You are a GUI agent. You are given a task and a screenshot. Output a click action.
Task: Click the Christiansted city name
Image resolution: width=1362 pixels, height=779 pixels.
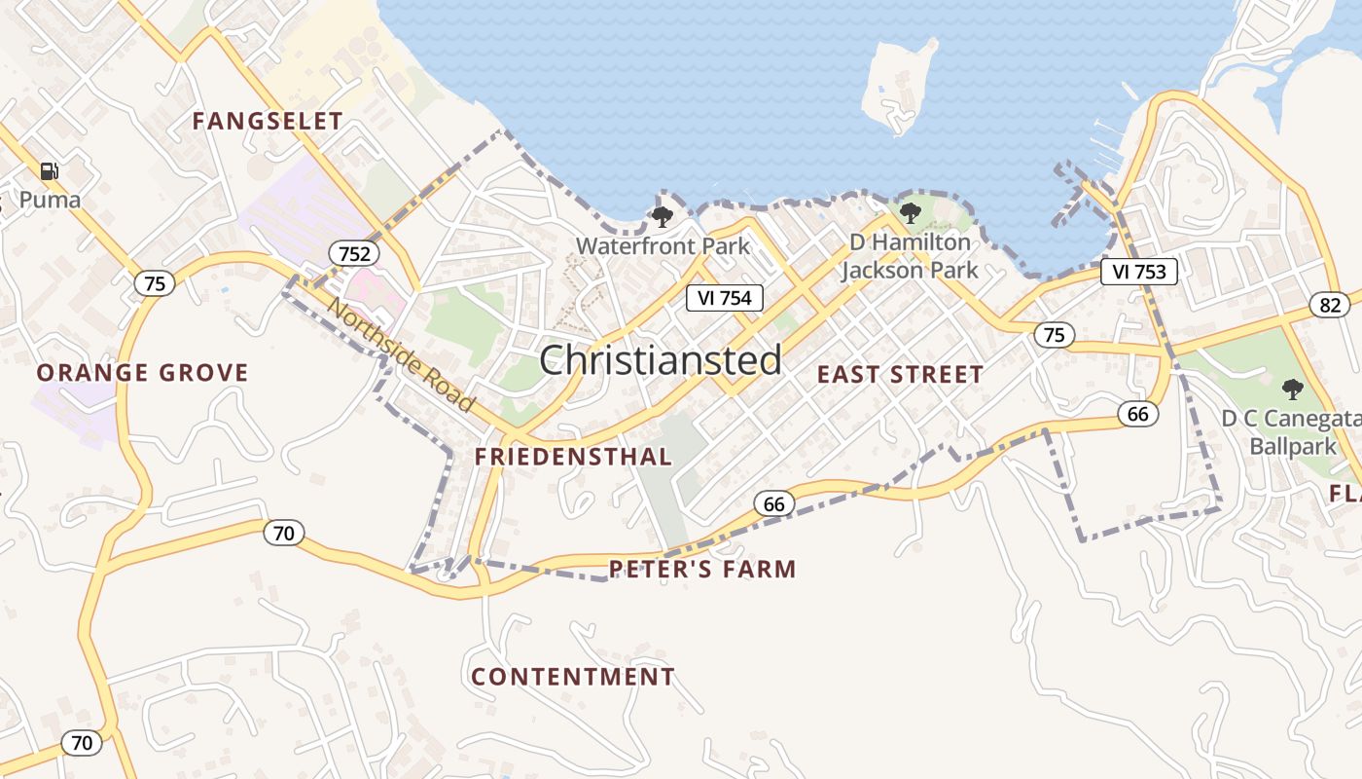(x=661, y=360)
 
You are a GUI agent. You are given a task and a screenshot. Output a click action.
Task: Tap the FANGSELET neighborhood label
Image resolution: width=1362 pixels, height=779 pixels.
(x=268, y=122)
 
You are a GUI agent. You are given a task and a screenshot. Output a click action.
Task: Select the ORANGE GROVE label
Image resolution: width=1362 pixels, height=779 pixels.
(x=143, y=373)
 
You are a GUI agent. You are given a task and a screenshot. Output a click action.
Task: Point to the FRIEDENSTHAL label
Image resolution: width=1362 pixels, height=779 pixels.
(x=573, y=457)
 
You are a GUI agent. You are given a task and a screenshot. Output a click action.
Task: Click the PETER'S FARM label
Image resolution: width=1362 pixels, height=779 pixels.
(x=702, y=570)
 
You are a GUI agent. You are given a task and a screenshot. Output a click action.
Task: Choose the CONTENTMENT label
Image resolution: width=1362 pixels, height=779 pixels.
(x=573, y=677)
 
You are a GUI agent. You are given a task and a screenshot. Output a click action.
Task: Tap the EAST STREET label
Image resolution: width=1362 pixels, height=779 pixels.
(x=900, y=375)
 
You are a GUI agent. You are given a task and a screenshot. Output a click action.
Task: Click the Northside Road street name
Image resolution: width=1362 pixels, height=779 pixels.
(x=402, y=354)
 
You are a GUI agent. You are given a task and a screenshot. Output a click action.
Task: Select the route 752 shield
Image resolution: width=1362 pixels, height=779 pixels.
(x=354, y=254)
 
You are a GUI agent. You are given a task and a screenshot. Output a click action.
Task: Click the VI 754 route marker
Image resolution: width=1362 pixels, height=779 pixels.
(x=725, y=298)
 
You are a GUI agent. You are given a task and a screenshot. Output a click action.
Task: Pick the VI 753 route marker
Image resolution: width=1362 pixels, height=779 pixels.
(x=1139, y=272)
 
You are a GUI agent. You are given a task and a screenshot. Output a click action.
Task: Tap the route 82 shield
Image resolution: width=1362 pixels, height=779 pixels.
(x=1330, y=305)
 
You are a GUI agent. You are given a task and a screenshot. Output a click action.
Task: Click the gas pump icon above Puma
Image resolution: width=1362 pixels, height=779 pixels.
(x=49, y=172)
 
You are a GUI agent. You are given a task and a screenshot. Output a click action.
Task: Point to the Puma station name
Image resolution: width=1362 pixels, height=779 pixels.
(x=50, y=201)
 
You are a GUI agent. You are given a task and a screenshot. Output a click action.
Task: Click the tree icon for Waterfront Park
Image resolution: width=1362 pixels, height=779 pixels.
(x=663, y=216)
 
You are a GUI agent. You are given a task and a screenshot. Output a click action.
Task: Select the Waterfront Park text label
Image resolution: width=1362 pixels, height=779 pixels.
(x=663, y=245)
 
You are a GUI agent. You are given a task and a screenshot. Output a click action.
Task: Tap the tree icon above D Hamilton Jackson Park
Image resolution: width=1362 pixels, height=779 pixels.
(x=911, y=212)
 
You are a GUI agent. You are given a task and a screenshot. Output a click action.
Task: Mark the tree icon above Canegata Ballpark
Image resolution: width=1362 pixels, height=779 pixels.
(x=1292, y=389)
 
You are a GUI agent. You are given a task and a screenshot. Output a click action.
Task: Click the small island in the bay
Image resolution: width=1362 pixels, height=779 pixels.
(x=898, y=86)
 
